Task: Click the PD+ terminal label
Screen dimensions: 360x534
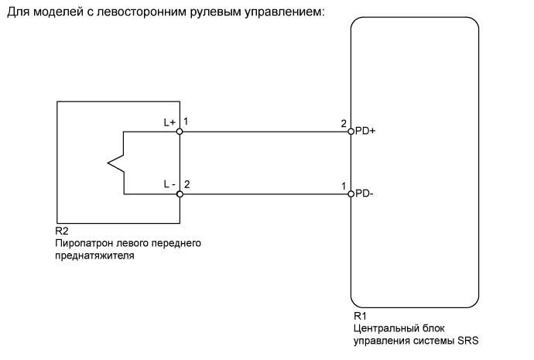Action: point(365,132)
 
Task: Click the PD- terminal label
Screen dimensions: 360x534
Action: point(364,194)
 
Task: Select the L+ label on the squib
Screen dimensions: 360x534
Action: point(169,122)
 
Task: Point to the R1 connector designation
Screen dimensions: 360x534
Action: point(360,317)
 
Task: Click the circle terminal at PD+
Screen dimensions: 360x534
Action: point(351,132)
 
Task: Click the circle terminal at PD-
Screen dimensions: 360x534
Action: point(351,194)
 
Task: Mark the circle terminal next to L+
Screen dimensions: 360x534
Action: point(180,132)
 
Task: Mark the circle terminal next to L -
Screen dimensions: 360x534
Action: point(180,194)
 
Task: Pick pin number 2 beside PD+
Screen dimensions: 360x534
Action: point(343,123)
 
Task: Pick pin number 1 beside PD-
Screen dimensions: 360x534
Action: point(343,186)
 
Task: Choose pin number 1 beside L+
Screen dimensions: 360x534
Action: point(187,122)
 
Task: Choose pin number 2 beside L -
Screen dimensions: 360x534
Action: point(187,184)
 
